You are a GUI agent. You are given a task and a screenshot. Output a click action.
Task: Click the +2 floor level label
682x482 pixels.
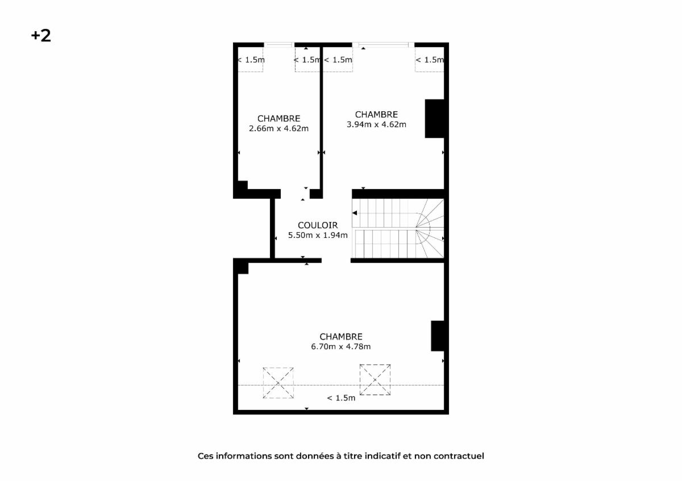click(41, 36)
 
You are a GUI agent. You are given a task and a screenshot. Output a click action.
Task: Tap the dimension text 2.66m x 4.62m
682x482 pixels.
click(278, 128)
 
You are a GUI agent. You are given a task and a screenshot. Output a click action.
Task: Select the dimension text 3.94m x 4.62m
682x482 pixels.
click(376, 124)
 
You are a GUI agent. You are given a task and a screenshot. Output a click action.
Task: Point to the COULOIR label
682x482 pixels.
click(318, 225)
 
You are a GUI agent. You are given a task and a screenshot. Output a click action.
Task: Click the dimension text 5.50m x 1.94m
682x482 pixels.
click(318, 235)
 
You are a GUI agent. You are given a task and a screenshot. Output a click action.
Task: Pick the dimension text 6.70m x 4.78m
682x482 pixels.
click(340, 346)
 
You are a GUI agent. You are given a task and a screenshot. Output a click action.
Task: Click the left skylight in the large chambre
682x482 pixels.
click(278, 383)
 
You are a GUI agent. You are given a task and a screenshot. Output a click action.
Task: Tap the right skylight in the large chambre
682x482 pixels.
click(375, 380)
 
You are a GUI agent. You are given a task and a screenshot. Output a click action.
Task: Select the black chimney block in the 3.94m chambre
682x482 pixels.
click(434, 119)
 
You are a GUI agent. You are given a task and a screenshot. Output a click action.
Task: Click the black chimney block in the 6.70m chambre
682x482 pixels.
click(438, 336)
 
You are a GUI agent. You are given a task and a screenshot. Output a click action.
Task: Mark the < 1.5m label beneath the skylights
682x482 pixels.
click(341, 398)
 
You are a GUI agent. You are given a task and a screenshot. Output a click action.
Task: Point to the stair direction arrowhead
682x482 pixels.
click(355, 213)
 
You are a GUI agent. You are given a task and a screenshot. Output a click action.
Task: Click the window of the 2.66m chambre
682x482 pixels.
click(279, 45)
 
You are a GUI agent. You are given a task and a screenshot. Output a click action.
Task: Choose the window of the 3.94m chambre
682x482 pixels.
click(383, 45)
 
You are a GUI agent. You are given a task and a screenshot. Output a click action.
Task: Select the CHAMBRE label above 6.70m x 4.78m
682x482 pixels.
click(341, 337)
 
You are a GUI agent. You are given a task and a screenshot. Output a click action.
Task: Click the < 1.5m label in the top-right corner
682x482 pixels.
click(430, 60)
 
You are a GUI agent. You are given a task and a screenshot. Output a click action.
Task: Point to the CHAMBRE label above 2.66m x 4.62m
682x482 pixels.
click(278, 118)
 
